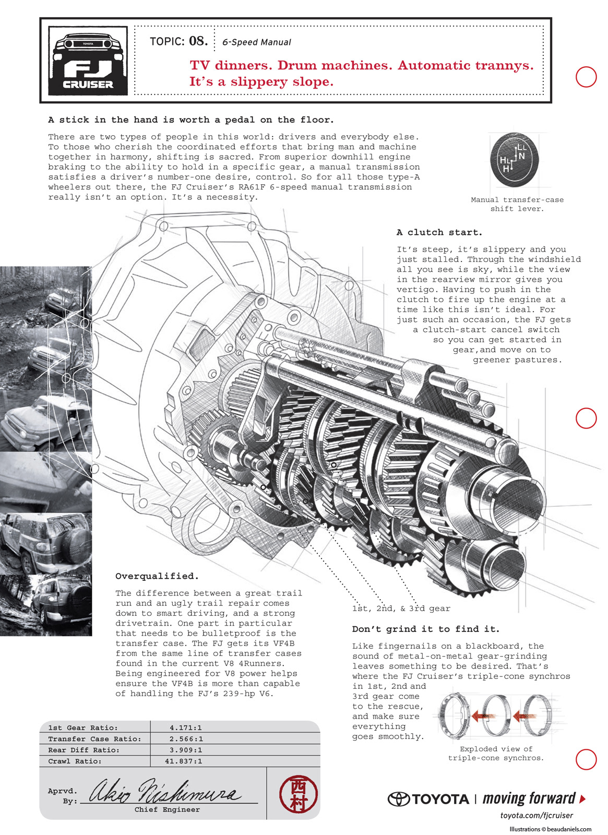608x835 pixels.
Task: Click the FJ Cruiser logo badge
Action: (88, 61)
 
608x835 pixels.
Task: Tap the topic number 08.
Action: (198, 41)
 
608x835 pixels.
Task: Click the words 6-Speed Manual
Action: (256, 42)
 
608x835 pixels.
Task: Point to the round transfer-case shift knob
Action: (515, 159)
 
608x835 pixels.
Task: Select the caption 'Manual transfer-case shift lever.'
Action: (517, 204)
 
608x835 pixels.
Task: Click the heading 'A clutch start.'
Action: (439, 232)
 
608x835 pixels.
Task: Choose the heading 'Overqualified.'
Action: (157, 576)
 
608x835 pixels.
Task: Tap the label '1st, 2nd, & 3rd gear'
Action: (401, 609)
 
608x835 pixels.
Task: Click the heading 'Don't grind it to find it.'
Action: (425, 629)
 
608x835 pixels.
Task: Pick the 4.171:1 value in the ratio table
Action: (186, 727)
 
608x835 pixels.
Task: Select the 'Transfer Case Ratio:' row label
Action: (94, 739)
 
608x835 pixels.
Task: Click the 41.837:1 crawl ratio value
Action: (183, 761)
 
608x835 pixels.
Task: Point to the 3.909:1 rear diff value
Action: (186, 750)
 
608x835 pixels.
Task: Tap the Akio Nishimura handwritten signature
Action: (164, 792)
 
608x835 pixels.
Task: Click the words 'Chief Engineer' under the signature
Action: (167, 809)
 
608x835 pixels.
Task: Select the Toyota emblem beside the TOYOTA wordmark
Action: (398, 799)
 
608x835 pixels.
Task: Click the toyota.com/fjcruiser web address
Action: (536, 815)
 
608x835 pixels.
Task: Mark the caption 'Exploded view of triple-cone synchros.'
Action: (496, 753)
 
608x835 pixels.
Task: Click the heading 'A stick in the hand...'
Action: (190, 120)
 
